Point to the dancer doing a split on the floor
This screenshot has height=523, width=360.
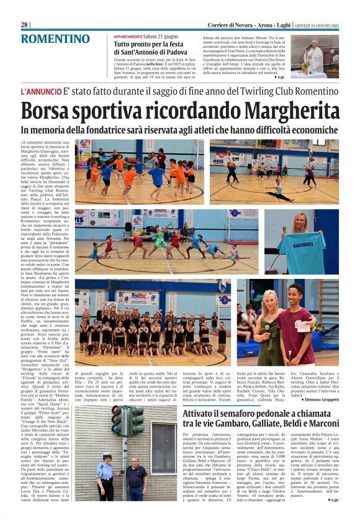274,194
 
